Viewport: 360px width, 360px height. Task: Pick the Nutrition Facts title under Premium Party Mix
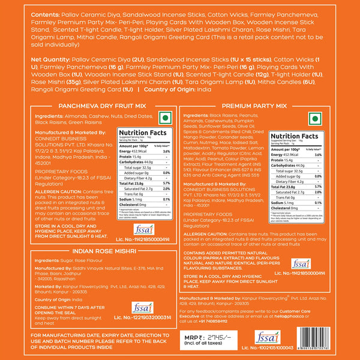[x=292, y=137]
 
